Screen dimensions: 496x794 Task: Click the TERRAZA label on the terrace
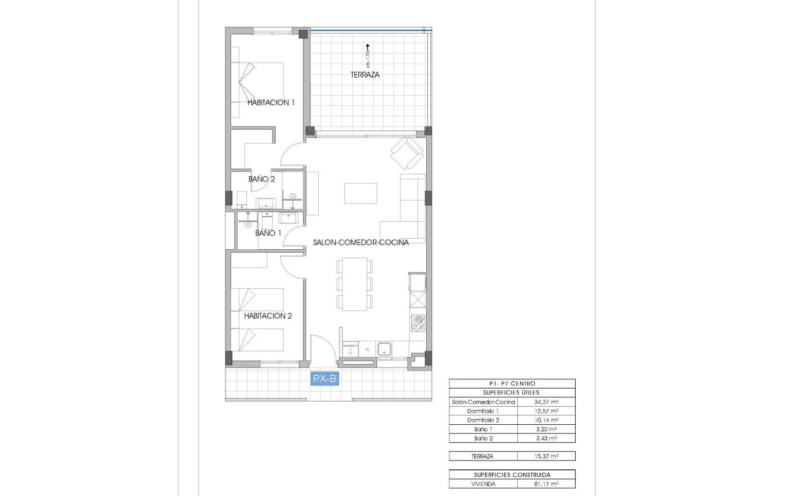click(365, 75)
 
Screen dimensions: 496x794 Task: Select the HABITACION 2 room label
click(268, 316)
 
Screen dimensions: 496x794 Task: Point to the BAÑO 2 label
click(261, 179)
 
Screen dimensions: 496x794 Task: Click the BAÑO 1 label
click(268, 233)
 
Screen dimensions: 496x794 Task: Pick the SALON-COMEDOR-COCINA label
click(360, 242)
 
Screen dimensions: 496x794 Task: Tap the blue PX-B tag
click(325, 379)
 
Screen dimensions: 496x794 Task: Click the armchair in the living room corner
click(407, 153)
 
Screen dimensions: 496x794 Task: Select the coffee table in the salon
click(360, 193)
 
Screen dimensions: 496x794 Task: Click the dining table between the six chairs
click(354, 284)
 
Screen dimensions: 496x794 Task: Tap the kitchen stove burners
click(417, 323)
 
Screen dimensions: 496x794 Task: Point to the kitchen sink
click(384, 349)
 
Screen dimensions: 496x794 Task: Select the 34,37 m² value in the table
click(546, 402)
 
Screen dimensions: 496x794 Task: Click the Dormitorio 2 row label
click(483, 420)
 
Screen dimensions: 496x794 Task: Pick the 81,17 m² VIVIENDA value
click(546, 484)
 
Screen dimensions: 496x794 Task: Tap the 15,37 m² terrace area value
click(546, 456)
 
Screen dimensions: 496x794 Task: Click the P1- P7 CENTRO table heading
click(511, 383)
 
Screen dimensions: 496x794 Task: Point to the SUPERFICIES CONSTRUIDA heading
click(511, 474)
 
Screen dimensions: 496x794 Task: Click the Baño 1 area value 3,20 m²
click(546, 429)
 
